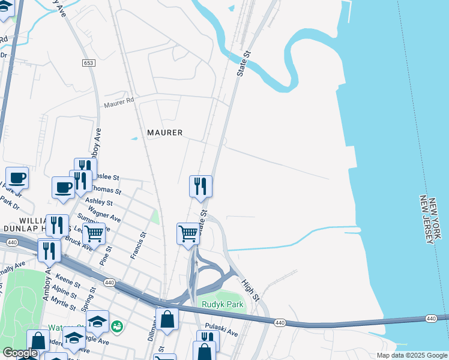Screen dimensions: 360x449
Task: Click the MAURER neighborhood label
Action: point(164,132)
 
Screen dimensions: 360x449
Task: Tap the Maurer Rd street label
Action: point(119,103)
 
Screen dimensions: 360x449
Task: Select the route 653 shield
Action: point(89,62)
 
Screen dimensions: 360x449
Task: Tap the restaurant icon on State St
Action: point(200,187)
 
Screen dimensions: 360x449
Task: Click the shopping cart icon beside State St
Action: point(188,233)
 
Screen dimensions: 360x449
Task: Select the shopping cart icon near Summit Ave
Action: point(94,233)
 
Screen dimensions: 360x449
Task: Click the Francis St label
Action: point(137,247)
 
